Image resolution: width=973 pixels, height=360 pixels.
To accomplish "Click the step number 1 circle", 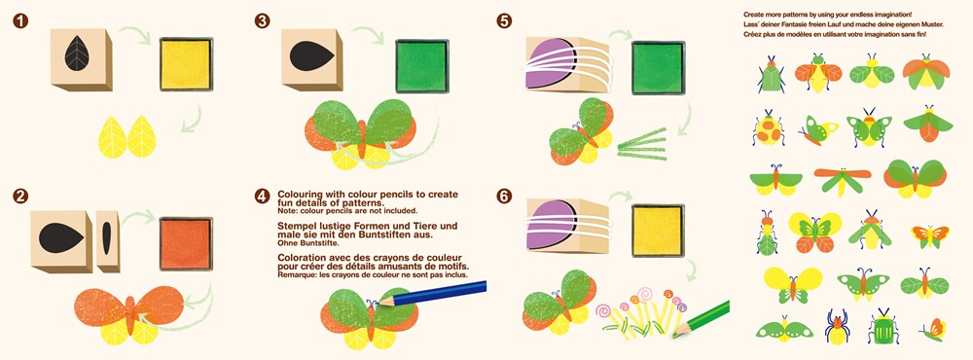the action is tap(21, 21).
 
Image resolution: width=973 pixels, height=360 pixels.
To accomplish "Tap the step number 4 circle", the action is tap(262, 197).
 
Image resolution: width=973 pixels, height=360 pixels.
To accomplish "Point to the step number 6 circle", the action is tap(504, 197).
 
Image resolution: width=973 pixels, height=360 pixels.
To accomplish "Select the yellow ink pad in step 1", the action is tap(186, 64).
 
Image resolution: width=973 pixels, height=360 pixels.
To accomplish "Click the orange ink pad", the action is tap(186, 243).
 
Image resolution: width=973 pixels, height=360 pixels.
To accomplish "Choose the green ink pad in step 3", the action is tap(422, 66).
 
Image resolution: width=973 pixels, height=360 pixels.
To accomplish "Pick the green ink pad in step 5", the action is tap(659, 67).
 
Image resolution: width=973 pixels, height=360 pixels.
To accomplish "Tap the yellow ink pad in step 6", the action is tap(658, 231).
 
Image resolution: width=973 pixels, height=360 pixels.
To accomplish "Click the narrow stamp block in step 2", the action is tap(108, 241).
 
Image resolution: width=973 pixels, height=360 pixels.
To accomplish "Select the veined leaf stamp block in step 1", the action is tap(82, 59).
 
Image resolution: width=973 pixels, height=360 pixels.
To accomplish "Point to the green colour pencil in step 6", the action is tap(702, 318).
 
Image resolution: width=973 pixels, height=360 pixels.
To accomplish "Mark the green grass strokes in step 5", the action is tap(641, 145).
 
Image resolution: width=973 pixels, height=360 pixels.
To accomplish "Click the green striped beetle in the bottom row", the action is tap(883, 327).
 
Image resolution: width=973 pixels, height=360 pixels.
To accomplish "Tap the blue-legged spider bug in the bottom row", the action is tap(838, 327).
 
